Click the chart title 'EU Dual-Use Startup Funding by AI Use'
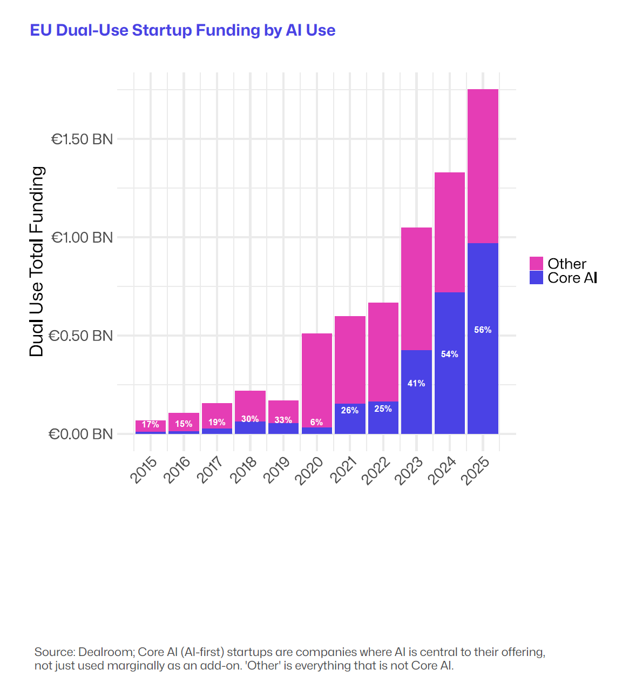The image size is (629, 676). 182,30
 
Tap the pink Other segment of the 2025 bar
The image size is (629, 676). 483,166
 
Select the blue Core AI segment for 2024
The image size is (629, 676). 449,378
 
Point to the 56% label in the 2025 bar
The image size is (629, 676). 483,330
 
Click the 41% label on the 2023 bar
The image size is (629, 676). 416,383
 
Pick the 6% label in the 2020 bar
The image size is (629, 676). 316,422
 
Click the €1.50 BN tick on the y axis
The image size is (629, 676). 82,139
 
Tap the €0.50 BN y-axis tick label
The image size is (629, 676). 81,336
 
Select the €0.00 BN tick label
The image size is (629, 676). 81,434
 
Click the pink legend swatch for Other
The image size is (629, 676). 536,264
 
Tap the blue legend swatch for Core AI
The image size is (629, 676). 536,278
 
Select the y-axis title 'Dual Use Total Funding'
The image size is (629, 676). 36,262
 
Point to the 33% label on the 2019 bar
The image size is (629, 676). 283,420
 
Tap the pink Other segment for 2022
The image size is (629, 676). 383,351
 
